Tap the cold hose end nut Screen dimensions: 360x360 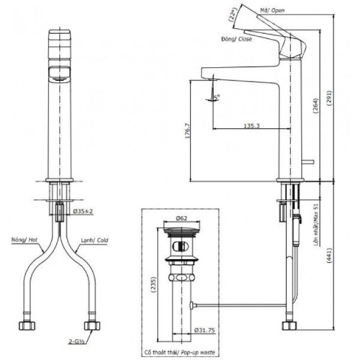[x=92, y=326]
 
